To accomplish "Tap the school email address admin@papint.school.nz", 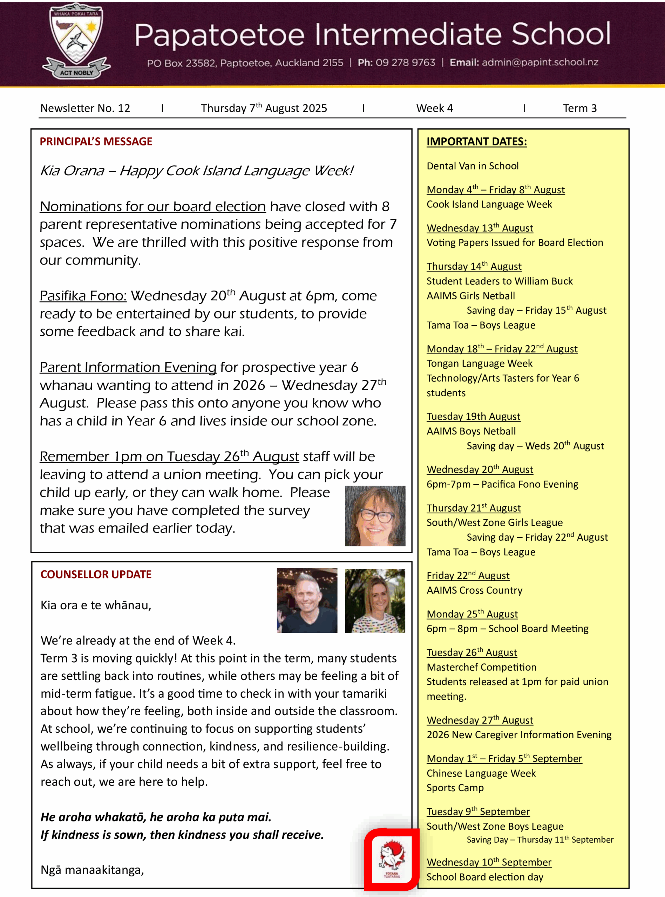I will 540,62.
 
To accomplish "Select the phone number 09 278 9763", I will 405,62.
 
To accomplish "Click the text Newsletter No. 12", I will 85,108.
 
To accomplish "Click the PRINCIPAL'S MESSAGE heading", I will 96,142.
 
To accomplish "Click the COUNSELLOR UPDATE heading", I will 96,574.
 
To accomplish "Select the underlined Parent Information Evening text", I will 128,367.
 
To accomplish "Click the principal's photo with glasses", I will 375,516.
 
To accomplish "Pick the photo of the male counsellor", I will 307,600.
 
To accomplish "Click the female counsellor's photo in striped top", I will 375,600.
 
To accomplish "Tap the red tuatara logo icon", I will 391,859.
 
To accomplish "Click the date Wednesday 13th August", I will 480,228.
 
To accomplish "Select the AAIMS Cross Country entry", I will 474,590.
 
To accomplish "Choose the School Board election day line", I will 485,877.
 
